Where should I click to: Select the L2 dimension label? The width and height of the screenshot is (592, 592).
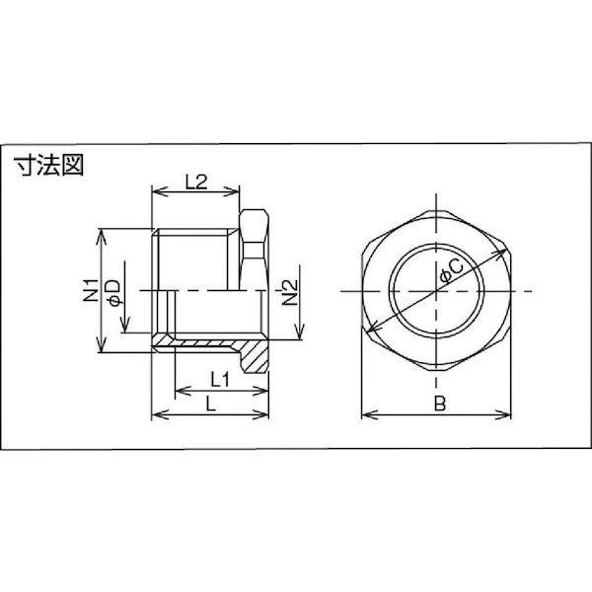pyautogui.click(x=194, y=181)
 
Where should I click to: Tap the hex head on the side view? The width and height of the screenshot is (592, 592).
pyautogui.click(x=255, y=247)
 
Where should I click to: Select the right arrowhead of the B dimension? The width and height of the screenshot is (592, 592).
pyautogui.click(x=511, y=413)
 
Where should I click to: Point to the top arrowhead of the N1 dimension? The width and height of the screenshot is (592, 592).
pyautogui.click(x=102, y=234)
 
